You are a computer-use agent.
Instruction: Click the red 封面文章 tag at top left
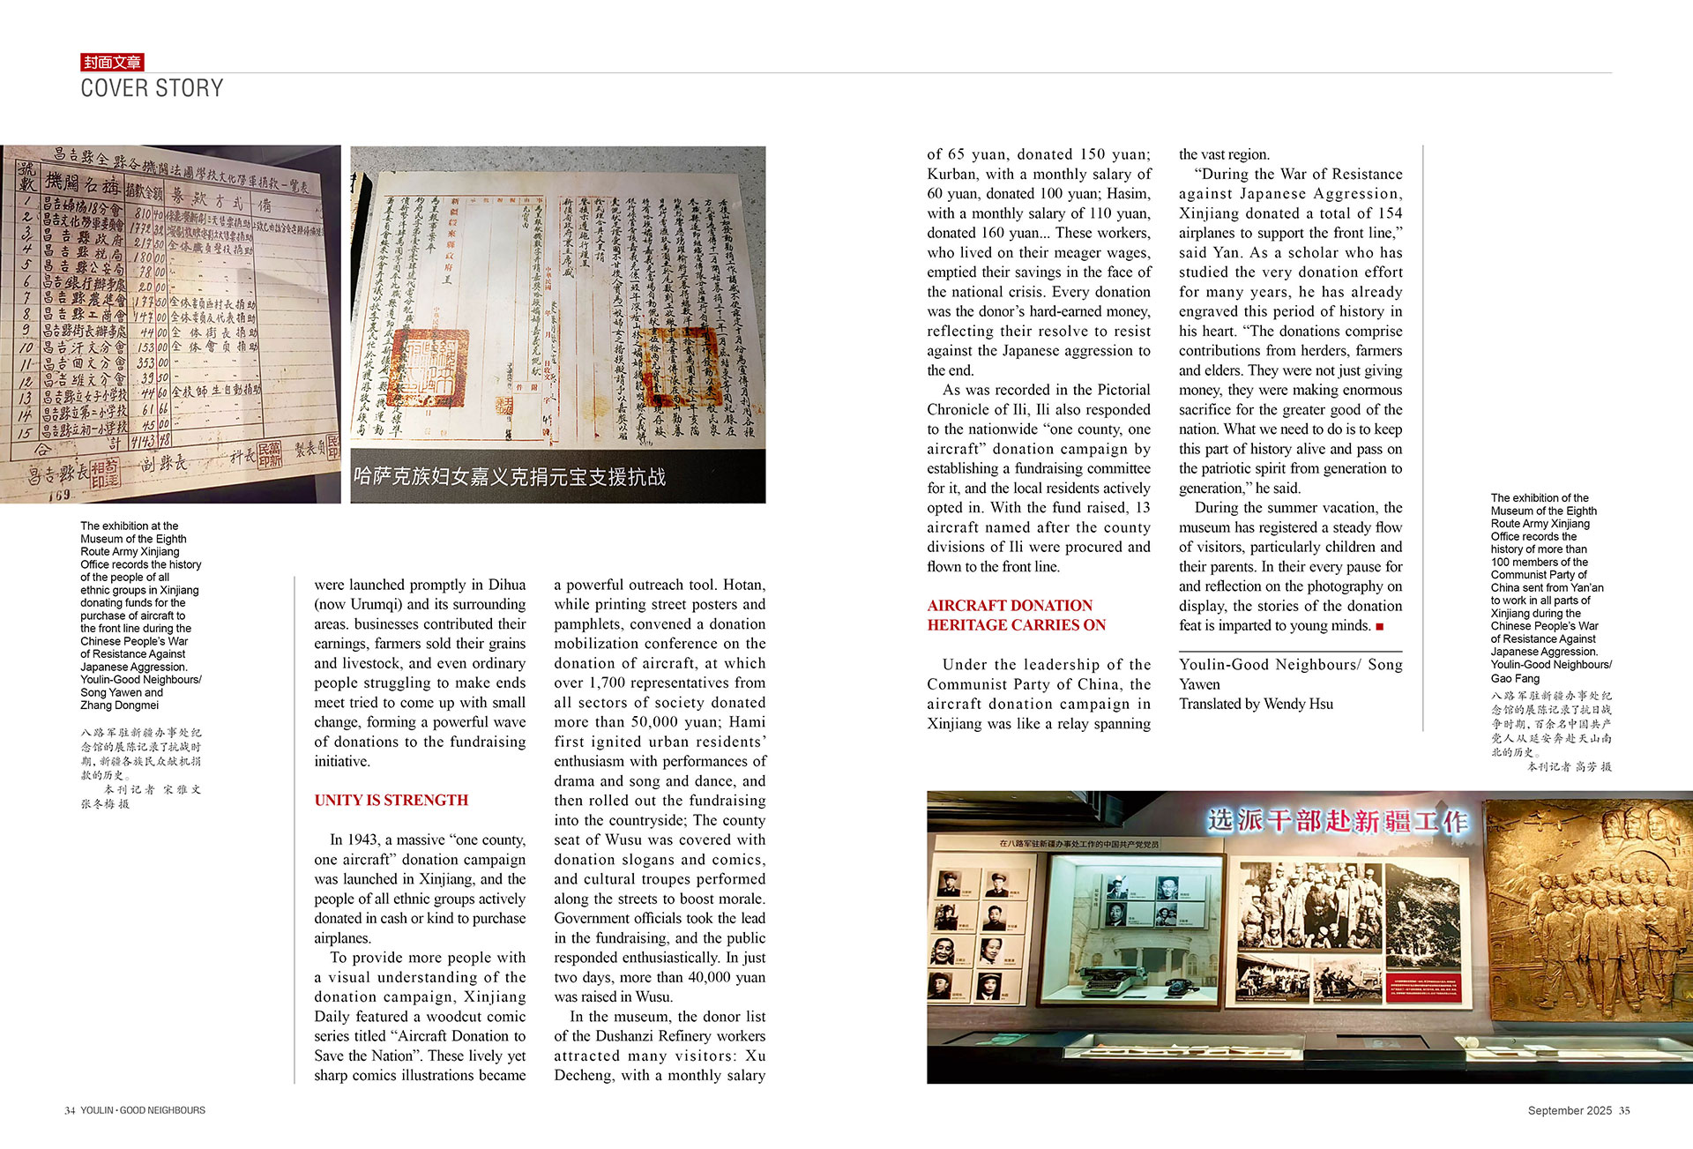click(x=112, y=62)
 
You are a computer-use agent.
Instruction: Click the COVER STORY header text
click(x=152, y=88)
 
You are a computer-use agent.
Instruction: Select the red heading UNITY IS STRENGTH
click(x=391, y=800)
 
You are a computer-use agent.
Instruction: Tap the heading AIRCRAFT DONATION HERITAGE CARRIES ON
click(x=1015, y=615)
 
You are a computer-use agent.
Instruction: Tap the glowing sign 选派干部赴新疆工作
click(x=1337, y=821)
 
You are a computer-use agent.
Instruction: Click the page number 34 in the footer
click(x=70, y=1110)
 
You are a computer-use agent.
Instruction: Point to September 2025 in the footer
click(x=1570, y=1110)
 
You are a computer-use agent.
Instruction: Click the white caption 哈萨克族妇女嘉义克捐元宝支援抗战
click(x=510, y=477)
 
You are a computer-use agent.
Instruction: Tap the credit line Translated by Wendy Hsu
click(x=1256, y=704)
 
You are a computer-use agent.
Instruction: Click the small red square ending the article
click(x=1380, y=626)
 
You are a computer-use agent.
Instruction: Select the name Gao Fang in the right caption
click(x=1515, y=678)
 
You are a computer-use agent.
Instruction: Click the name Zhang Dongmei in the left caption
click(x=119, y=705)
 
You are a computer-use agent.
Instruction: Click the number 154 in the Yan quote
click(x=1389, y=213)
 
